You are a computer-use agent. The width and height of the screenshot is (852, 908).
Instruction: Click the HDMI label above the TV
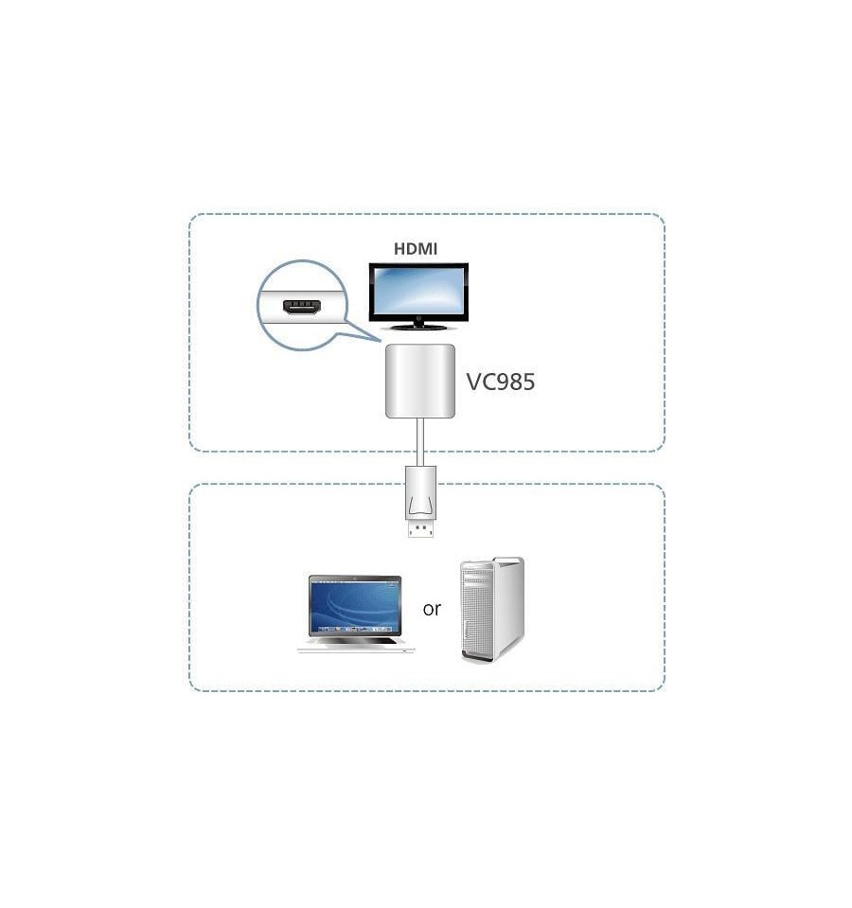click(415, 249)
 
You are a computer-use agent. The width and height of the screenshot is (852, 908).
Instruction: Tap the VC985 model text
click(501, 382)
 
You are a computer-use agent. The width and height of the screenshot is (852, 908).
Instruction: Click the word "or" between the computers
click(432, 609)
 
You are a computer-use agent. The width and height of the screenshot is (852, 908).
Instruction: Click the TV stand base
click(419, 328)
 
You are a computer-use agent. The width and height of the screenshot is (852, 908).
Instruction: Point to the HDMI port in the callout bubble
click(302, 307)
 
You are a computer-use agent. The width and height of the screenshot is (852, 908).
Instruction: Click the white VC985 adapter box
click(420, 381)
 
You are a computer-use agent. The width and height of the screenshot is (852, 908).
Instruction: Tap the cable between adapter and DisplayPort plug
click(420, 442)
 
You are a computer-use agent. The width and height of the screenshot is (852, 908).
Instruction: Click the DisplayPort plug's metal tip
click(420, 528)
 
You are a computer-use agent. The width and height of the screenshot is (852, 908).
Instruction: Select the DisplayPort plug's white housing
click(420, 492)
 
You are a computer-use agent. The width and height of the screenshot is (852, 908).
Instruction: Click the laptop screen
click(355, 606)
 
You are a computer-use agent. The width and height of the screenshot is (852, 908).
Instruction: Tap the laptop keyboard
click(356, 642)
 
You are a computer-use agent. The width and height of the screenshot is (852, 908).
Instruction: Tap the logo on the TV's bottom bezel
click(419, 318)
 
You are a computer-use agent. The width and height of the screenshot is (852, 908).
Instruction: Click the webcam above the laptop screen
click(355, 578)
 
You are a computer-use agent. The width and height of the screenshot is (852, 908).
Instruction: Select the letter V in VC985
click(474, 383)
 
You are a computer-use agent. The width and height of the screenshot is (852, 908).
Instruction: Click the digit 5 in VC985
click(528, 383)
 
